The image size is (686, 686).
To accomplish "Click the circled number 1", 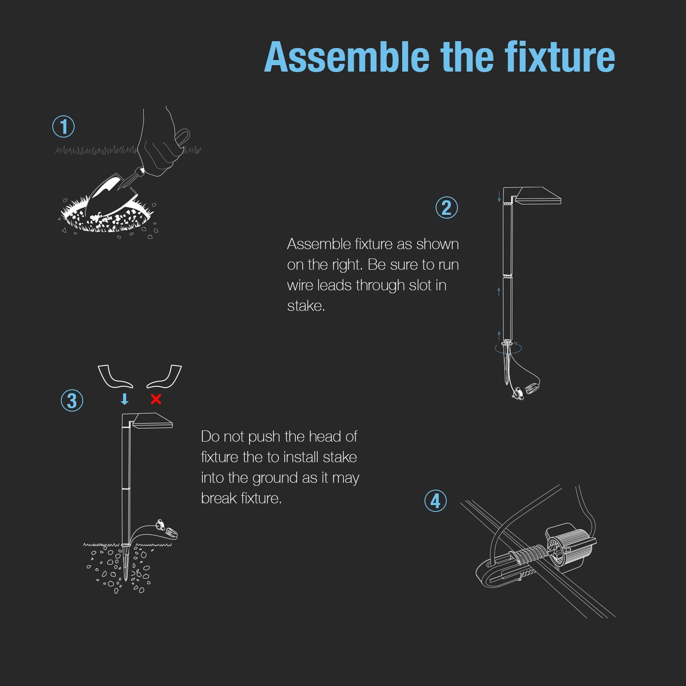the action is (x=63, y=126).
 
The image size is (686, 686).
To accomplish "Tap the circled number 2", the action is (x=447, y=208).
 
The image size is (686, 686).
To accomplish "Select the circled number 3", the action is (x=72, y=400).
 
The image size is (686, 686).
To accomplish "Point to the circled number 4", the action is (x=436, y=501).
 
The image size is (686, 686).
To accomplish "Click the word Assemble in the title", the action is (x=347, y=57).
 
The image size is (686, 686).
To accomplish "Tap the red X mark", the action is (x=156, y=399).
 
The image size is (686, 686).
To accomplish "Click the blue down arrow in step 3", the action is (x=125, y=399).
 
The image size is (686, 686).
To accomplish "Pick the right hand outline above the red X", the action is (x=165, y=376).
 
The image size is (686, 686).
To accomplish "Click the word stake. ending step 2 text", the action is (x=306, y=306).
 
